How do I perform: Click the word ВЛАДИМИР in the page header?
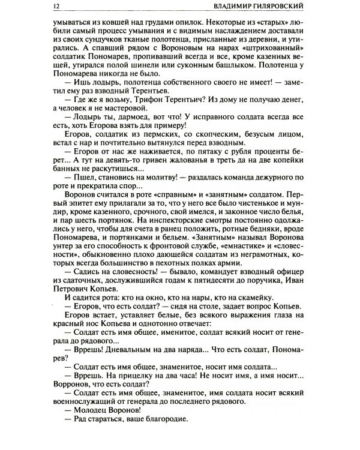pos(236,7)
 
